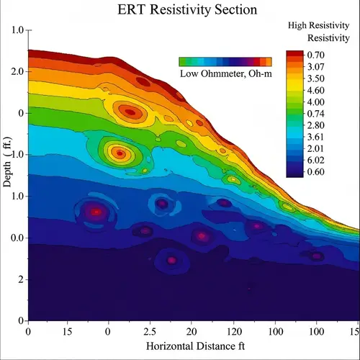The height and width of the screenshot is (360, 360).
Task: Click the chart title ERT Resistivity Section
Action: pos(179,11)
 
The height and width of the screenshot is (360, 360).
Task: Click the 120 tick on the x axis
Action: pos(233,332)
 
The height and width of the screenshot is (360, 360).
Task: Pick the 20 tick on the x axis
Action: pos(192,332)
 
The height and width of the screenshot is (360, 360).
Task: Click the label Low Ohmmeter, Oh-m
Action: pos(224,74)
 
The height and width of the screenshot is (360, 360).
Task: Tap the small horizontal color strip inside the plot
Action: pos(225,62)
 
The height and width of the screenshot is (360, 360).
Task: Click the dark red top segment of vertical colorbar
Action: pos(294,55)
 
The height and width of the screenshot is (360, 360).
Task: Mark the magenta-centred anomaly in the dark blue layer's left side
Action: pos(95,212)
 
